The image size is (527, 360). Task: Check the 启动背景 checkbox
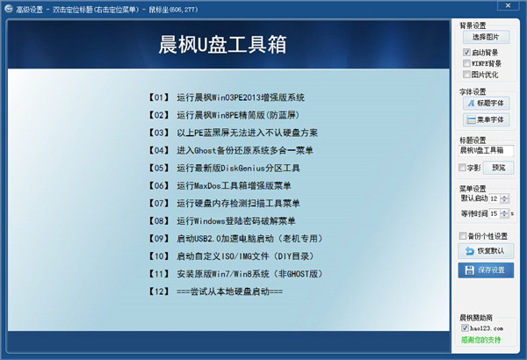(466, 53)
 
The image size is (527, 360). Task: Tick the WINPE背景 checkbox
(466, 63)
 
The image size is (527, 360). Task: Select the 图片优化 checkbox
(466, 75)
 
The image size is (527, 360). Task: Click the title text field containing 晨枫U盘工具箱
(486, 151)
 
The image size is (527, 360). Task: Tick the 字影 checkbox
(464, 167)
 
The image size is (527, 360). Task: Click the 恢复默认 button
(486, 251)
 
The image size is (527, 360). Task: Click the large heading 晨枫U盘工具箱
(225, 46)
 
